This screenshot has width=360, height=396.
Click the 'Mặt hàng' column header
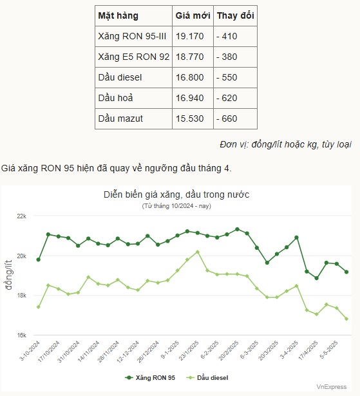coord(118,15)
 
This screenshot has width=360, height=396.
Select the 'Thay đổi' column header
coord(236,15)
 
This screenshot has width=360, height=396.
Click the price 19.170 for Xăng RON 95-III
coord(190,36)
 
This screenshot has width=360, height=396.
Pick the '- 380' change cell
coord(227,57)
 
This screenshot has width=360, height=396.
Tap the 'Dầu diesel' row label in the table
coord(120,77)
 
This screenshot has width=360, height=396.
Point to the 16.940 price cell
coord(190,98)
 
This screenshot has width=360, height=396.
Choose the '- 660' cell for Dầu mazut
coord(227,118)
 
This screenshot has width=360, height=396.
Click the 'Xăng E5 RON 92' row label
coord(134,57)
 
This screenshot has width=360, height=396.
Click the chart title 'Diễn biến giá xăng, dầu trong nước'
coord(176,194)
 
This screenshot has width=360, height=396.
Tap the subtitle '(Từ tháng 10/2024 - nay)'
coord(176,206)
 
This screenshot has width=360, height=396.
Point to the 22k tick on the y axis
coord(21,216)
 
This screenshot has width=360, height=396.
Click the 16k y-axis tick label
coord(21,335)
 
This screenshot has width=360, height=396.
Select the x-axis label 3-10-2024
coord(30,351)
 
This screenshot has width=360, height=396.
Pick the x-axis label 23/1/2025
coord(189,351)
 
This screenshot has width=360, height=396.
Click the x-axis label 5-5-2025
coord(328,350)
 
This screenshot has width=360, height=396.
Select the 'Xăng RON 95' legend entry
coord(150,378)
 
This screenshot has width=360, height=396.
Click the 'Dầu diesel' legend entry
coord(207,378)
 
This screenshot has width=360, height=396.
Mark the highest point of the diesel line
coord(198,252)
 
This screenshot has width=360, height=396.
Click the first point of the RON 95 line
coord(39,259)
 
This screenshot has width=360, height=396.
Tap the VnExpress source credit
coord(332,387)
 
